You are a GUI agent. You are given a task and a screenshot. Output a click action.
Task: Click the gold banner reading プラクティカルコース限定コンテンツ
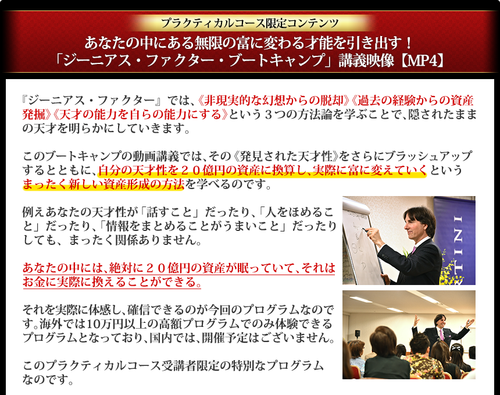pyautogui.click(x=250, y=23)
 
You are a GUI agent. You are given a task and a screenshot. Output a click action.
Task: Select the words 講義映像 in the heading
pyautogui.click(x=366, y=61)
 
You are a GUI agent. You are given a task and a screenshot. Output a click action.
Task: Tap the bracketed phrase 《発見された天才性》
pyautogui.click(x=286, y=156)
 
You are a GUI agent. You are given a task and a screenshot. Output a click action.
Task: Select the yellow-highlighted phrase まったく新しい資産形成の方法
pyautogui.click(x=103, y=184)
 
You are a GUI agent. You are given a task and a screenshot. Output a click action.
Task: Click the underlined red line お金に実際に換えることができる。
pyautogui.click(x=112, y=282)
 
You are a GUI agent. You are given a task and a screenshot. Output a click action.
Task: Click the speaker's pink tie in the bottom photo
pyautogui.click(x=441, y=334)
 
